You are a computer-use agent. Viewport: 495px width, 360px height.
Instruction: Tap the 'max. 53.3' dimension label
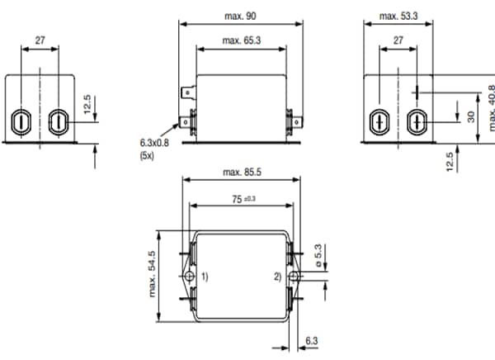point(398,16)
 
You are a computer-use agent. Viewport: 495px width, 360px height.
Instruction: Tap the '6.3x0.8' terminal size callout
point(154,143)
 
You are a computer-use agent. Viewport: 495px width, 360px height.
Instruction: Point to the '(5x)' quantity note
point(147,154)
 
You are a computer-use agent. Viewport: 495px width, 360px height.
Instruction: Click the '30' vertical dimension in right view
point(471,117)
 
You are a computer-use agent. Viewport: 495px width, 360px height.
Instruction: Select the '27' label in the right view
point(398,40)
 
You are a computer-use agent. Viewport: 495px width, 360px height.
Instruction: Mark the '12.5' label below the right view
point(450,159)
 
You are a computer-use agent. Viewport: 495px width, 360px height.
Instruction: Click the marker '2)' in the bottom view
point(278,276)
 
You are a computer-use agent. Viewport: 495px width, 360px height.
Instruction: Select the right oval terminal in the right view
point(417,121)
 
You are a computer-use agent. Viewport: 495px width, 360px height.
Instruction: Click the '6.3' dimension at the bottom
point(311,339)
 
